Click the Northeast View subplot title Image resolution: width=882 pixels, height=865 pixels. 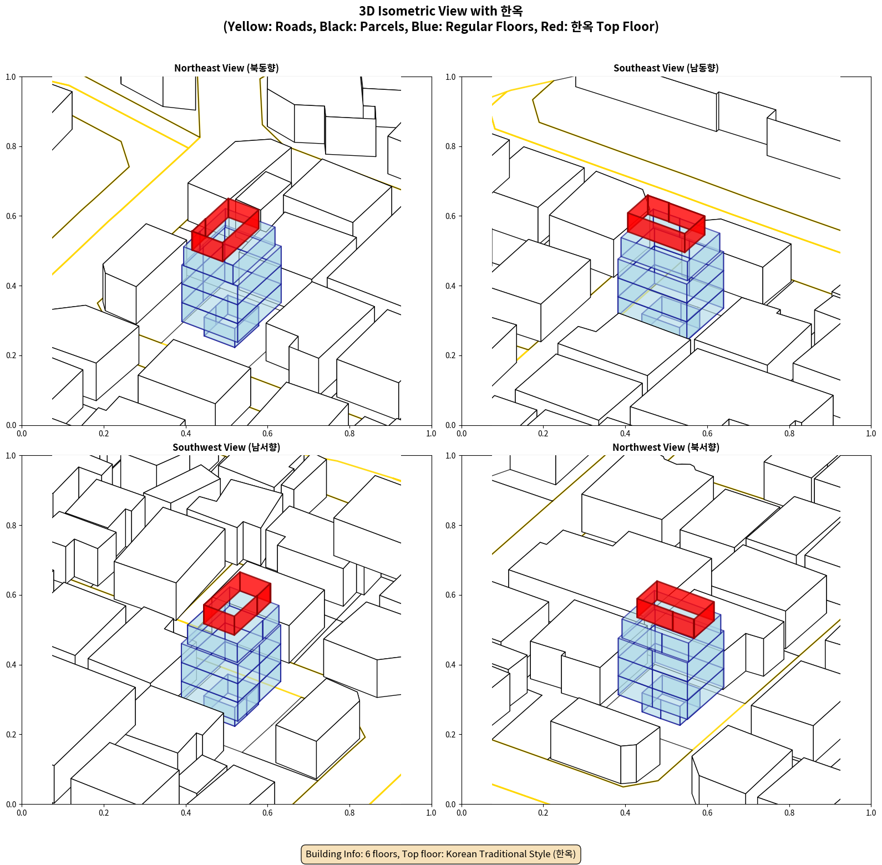pyautogui.click(x=226, y=68)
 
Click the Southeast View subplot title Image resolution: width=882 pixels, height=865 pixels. pyautogui.click(x=666, y=68)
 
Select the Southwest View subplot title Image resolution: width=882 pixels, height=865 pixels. pyautogui.click(x=226, y=447)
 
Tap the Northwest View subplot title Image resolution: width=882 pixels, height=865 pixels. pyautogui.click(x=666, y=447)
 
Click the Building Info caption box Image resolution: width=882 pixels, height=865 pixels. pyautogui.click(x=440, y=854)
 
